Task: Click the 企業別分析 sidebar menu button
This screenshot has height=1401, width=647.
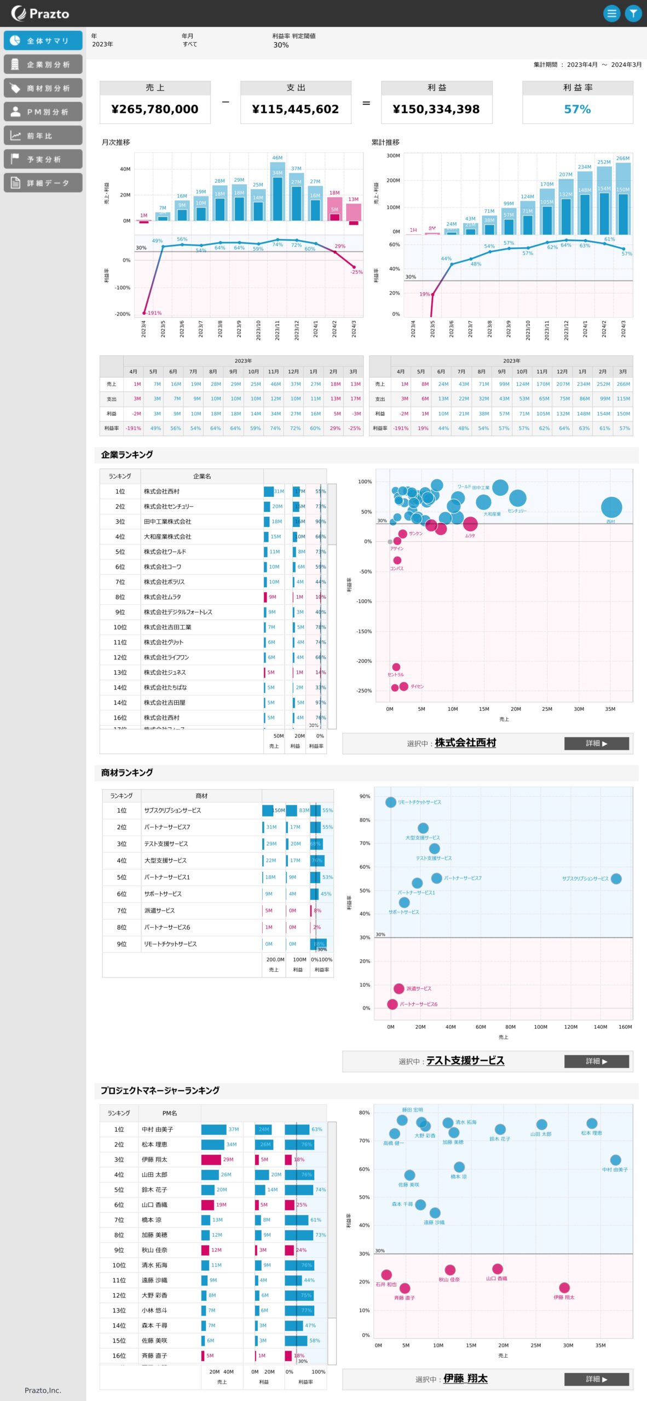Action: pyautogui.click(x=43, y=65)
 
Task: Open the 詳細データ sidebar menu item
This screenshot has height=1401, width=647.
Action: pyautogui.click(x=43, y=183)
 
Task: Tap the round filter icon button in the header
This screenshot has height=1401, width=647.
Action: pyautogui.click(x=633, y=13)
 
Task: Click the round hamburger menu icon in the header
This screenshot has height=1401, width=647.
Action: pyautogui.click(x=611, y=13)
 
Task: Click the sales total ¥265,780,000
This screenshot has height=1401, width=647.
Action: pyautogui.click(x=155, y=109)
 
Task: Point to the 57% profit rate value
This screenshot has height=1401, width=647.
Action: pyautogui.click(x=577, y=109)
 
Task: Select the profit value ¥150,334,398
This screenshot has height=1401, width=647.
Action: pyautogui.click(x=436, y=109)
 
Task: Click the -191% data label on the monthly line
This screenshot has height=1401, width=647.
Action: pyautogui.click(x=154, y=313)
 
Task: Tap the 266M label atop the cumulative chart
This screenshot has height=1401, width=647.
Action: pyautogui.click(x=623, y=158)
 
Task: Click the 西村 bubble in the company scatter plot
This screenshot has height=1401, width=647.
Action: pyautogui.click(x=611, y=507)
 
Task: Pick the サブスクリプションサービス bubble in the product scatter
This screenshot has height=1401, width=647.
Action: pyautogui.click(x=616, y=878)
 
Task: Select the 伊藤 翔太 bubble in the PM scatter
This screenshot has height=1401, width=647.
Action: pyautogui.click(x=564, y=1288)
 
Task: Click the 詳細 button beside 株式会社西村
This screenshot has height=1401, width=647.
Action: pyautogui.click(x=596, y=743)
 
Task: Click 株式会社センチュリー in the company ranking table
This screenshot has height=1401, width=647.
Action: pyautogui.click(x=169, y=507)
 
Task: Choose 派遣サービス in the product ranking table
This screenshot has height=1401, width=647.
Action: pyautogui.click(x=159, y=911)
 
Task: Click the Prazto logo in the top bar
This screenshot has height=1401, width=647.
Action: pyautogui.click(x=41, y=13)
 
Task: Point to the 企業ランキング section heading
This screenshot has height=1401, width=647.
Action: pyautogui.click(x=127, y=455)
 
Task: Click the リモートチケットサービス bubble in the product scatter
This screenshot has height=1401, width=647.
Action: pyautogui.click(x=390, y=802)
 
